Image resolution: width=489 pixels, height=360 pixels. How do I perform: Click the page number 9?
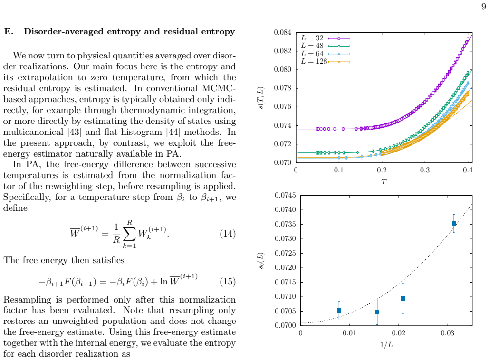(483, 6)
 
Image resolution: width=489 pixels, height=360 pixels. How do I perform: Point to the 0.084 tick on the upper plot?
(283, 32)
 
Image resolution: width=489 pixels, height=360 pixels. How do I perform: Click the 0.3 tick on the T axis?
(424, 170)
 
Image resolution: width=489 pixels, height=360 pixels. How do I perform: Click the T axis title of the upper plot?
(384, 182)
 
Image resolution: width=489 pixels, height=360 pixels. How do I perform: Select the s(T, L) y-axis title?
(261, 98)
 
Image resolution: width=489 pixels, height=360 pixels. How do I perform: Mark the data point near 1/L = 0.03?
(454, 224)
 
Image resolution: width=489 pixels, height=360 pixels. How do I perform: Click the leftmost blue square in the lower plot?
(339, 311)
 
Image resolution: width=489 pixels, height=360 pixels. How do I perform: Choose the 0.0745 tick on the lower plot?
(285, 195)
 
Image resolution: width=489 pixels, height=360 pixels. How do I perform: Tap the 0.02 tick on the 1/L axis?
(399, 333)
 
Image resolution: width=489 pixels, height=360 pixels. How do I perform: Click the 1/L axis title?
(386, 345)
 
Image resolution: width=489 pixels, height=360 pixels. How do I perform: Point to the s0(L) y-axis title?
(261, 260)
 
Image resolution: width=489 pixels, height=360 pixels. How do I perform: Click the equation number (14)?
(228, 234)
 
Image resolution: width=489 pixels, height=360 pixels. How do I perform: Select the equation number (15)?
(228, 282)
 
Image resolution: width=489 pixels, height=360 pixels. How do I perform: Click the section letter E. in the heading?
(9, 31)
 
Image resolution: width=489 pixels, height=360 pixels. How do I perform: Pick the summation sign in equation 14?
(129, 234)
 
